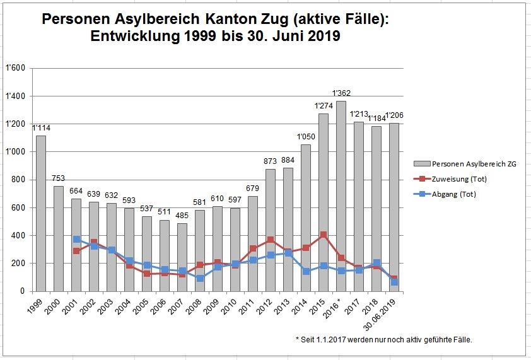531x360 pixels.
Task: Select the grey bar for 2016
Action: (341, 195)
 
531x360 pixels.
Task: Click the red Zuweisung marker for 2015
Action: (324, 235)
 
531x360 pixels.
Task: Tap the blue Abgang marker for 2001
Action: (76, 240)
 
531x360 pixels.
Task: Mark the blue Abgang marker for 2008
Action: (200, 278)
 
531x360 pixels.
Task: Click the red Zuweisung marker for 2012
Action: (271, 240)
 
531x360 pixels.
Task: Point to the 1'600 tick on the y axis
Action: (16, 69)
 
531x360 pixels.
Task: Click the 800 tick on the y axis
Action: (18, 180)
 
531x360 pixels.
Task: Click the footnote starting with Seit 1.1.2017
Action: (383, 340)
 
